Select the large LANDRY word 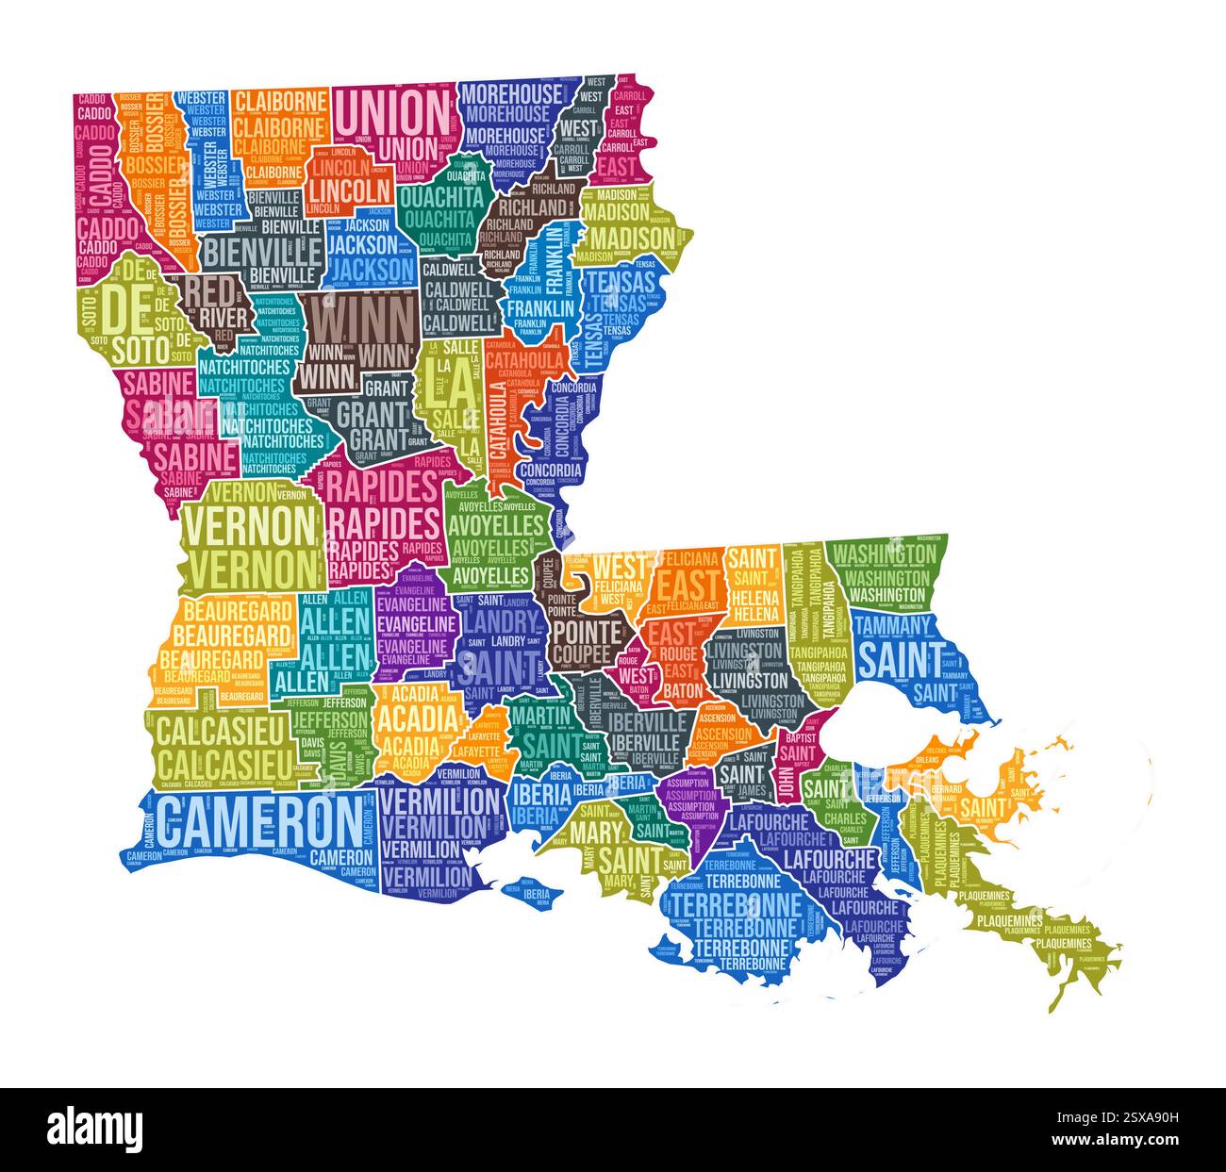[x=500, y=622]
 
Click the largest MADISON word [x=632, y=236]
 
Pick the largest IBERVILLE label [x=648, y=721]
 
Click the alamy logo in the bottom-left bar [x=94, y=1128]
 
